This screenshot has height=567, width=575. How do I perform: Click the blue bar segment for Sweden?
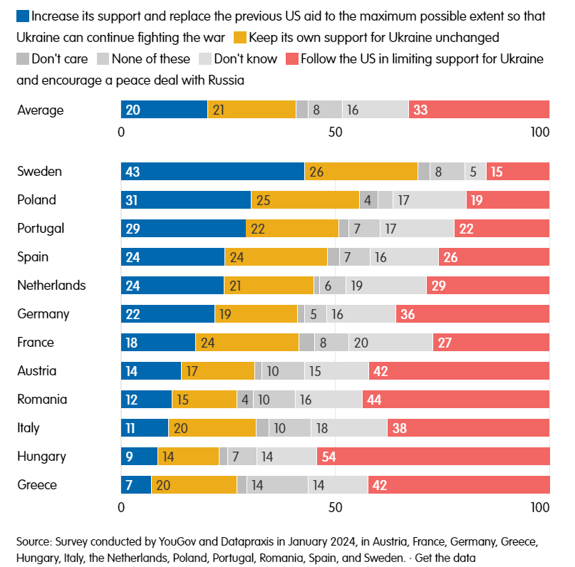coord(212,172)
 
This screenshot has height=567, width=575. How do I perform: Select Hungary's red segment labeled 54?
coord(433,457)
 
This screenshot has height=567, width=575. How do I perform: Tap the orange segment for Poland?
coord(305,200)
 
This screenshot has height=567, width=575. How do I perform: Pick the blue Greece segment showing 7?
coord(136,485)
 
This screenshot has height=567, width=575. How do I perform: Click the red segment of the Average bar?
coord(489,110)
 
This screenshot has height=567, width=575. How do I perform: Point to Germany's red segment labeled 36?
coord(472,314)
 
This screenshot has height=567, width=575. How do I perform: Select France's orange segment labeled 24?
coord(247,343)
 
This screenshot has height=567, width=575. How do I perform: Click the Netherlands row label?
coord(51,286)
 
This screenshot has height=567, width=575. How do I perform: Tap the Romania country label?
coord(42,400)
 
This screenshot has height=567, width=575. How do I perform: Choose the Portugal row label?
coord(41,229)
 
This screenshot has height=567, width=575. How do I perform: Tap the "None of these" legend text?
coord(150,59)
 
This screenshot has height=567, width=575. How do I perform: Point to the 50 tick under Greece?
coord(335,508)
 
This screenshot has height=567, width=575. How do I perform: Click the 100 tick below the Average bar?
coord(540,132)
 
